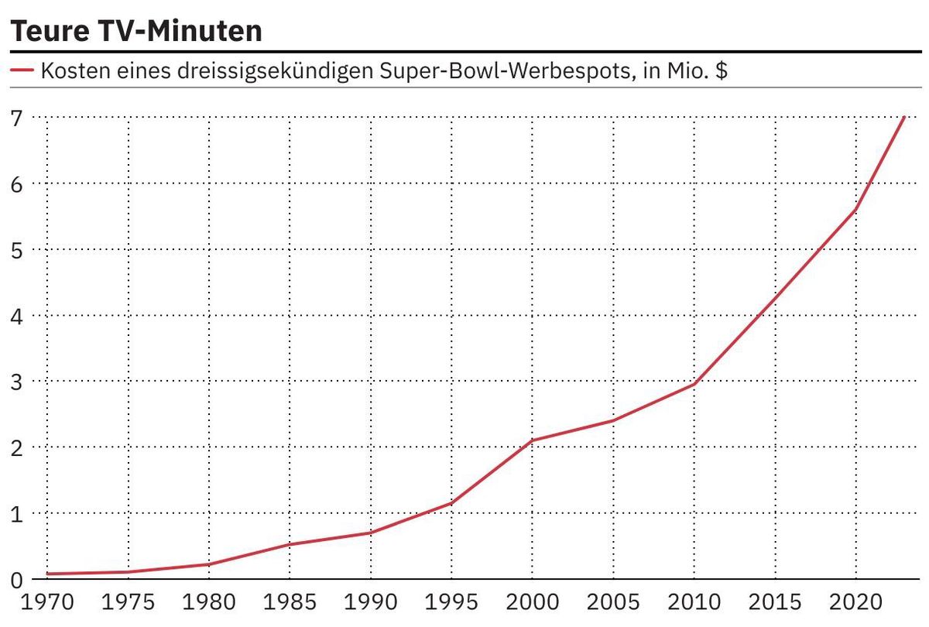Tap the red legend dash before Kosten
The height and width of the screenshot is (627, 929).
point(22,71)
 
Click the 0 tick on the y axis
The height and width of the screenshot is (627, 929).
point(16,580)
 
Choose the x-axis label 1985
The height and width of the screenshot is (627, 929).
point(290,603)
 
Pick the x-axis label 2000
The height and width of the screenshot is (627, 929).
point(533,603)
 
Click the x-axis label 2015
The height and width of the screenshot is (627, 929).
point(775,603)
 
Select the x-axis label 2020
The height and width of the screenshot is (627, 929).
point(855,603)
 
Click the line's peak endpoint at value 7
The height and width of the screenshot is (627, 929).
point(903,118)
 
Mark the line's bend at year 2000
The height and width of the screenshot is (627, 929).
point(533,440)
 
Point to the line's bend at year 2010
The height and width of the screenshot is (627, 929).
point(694,384)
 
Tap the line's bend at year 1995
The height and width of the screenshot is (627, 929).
point(451,503)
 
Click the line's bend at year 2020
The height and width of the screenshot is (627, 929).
point(855,210)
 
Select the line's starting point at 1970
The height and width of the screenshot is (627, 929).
point(48,574)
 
